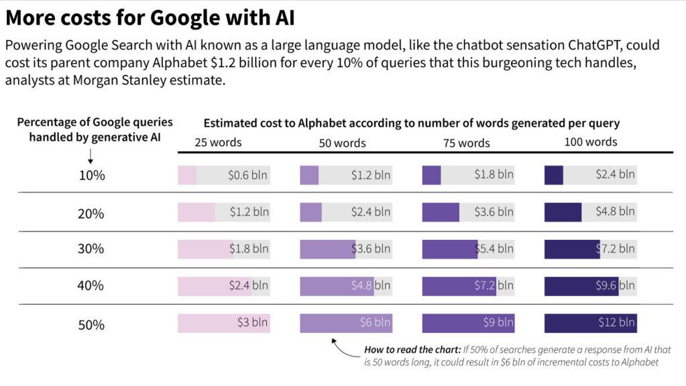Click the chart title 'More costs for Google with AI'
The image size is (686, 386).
(150, 18)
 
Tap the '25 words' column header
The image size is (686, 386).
(218, 142)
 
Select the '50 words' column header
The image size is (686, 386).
(342, 143)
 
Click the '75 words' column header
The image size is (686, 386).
(466, 143)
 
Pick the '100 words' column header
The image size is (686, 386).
(590, 142)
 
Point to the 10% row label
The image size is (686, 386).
(91, 176)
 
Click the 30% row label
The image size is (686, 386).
(91, 249)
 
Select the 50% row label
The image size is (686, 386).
(91, 325)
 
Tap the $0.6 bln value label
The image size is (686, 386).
(248, 176)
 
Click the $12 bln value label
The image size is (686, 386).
(616, 322)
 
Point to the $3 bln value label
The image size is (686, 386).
(253, 322)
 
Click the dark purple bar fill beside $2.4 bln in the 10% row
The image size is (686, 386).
(554, 176)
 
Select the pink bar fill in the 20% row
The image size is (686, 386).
(196, 212)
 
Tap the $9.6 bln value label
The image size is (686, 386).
(616, 285)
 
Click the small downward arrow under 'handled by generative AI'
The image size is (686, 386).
(91, 155)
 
